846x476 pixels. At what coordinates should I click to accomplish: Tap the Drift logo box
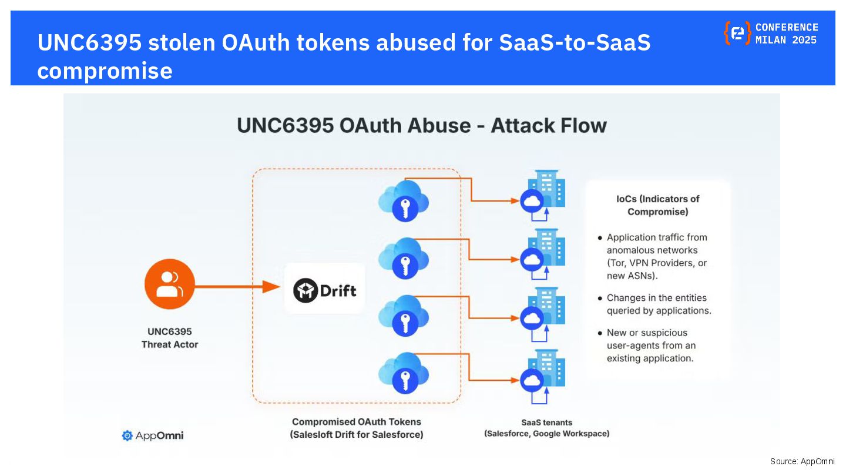325,289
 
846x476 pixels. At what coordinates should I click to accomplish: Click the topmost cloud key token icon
404,200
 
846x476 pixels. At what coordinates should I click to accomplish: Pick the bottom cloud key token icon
404,373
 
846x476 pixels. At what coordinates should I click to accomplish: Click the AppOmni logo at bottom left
153,435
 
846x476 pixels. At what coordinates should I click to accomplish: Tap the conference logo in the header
737,33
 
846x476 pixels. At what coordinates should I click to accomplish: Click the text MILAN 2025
786,41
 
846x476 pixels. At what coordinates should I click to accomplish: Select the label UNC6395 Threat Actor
169,338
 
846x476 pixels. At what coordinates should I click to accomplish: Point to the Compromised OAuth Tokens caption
357,428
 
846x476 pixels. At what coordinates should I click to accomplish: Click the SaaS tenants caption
546,428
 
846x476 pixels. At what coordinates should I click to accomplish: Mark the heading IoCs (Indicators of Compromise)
657,205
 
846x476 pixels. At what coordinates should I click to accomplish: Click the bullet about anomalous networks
657,256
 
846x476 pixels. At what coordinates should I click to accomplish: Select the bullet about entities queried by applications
659,304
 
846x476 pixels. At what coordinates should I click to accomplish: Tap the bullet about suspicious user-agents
651,345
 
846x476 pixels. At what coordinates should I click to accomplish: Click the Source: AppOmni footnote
802,461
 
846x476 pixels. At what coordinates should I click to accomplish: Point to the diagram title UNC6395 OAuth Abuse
421,125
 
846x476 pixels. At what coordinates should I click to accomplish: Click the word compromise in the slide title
105,71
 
